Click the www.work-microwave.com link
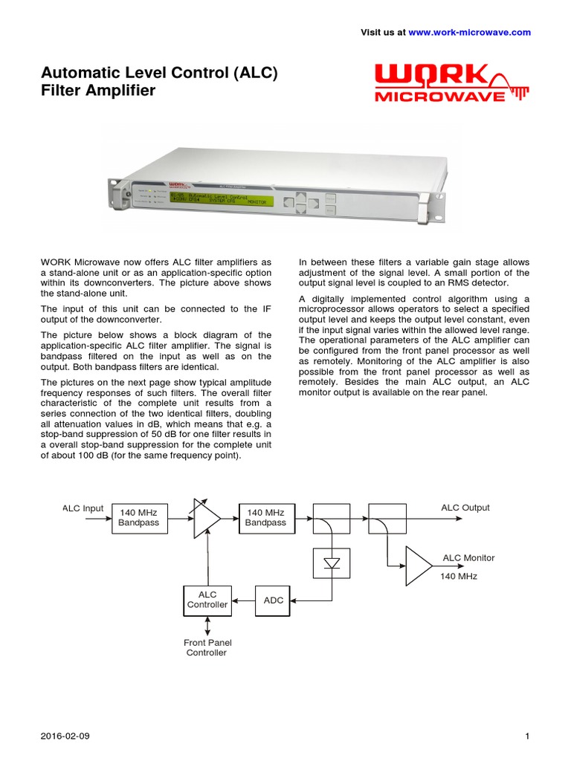click(470, 33)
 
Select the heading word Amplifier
click(109, 91)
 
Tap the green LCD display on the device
click(221, 200)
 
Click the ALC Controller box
click(207, 600)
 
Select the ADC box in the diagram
click(274, 600)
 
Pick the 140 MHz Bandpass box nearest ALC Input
click(139, 518)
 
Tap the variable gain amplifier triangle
click(206, 518)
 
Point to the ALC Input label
click(83, 508)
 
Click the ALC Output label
click(465, 508)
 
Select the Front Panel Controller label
click(206, 647)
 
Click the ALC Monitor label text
click(468, 557)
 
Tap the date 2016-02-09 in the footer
click(65, 736)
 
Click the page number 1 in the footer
click(526, 736)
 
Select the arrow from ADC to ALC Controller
click(243, 600)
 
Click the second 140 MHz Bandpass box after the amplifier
click(265, 518)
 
